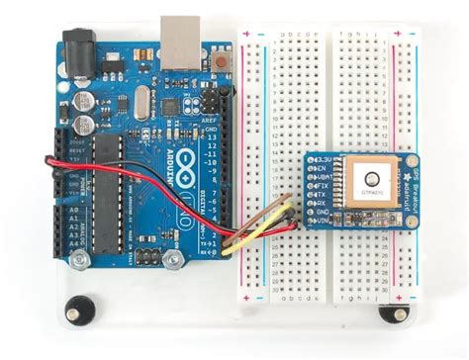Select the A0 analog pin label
72,210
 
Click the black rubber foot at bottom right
394,315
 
